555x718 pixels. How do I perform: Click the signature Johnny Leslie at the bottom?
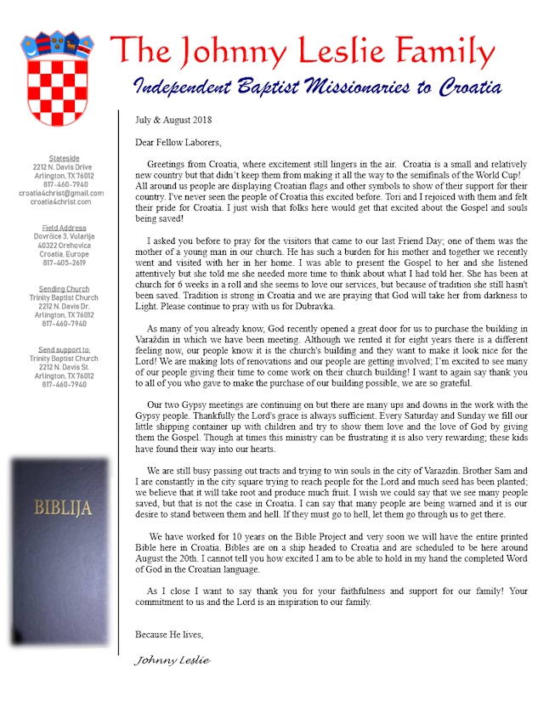point(173,660)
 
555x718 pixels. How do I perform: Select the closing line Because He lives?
point(169,635)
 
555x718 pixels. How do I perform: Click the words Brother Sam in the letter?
point(472,470)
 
